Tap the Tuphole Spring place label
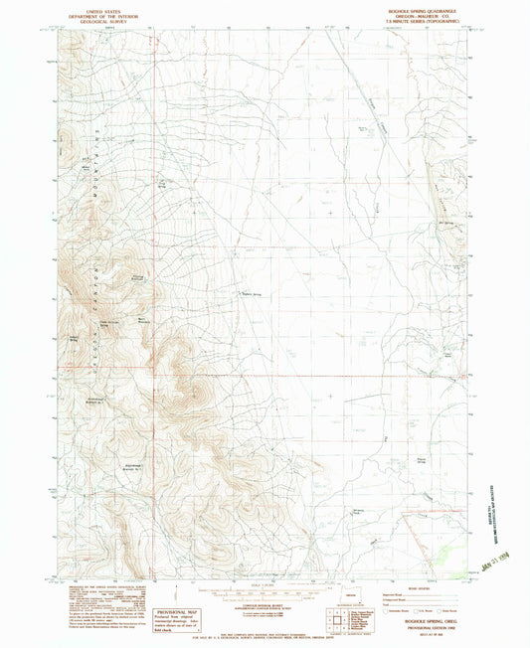[252, 292]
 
